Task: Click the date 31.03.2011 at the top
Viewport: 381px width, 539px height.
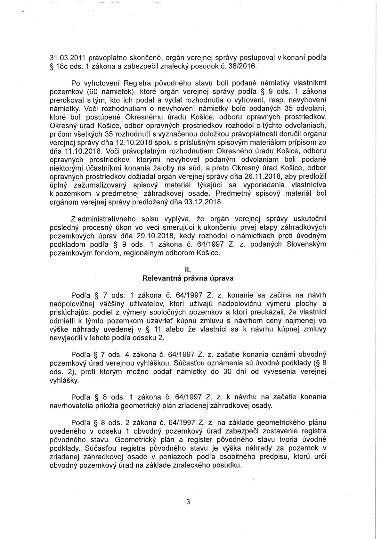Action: tap(65, 58)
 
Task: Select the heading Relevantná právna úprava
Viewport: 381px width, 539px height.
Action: tap(188, 278)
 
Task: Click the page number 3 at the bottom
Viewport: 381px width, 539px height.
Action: tap(188, 502)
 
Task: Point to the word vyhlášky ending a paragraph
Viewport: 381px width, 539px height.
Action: tap(64, 381)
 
